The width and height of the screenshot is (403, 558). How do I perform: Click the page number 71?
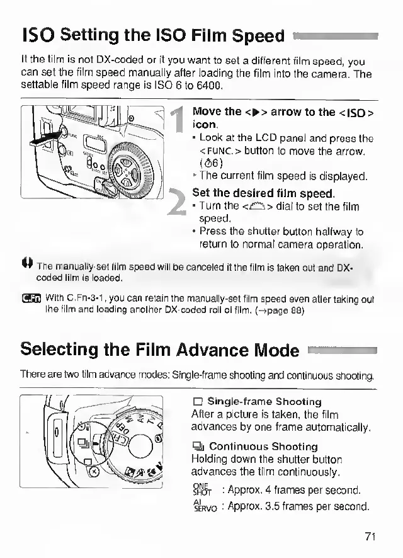click(x=370, y=536)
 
